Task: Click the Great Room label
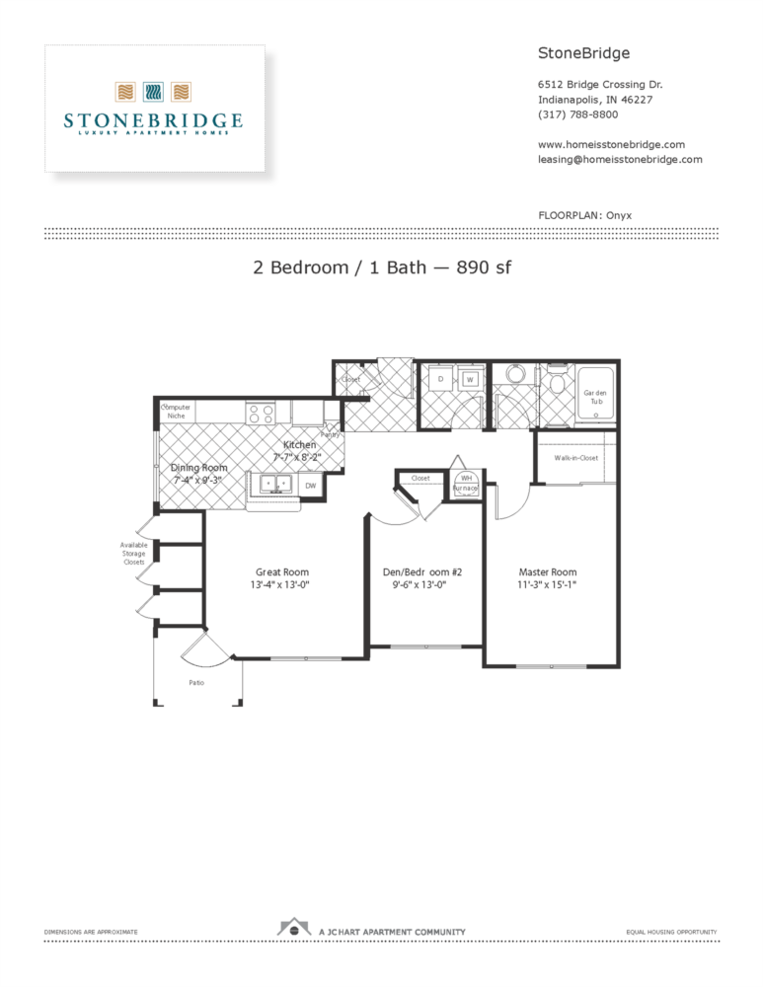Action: click(x=282, y=572)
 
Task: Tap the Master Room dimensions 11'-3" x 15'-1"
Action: click(x=548, y=585)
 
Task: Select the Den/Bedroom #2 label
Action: click(x=422, y=572)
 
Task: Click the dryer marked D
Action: click(x=440, y=379)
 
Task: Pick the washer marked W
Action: click(x=470, y=379)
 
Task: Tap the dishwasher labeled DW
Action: click(x=310, y=486)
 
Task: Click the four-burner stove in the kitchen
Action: click(x=261, y=414)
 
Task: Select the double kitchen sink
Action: click(x=271, y=484)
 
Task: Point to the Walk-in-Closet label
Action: click(x=575, y=458)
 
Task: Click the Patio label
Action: click(x=197, y=682)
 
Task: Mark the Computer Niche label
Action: click(x=176, y=412)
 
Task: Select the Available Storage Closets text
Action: click(x=132, y=554)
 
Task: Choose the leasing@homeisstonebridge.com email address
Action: click(x=620, y=159)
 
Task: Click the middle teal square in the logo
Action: click(x=153, y=93)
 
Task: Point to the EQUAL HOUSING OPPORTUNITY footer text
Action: click(x=671, y=932)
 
